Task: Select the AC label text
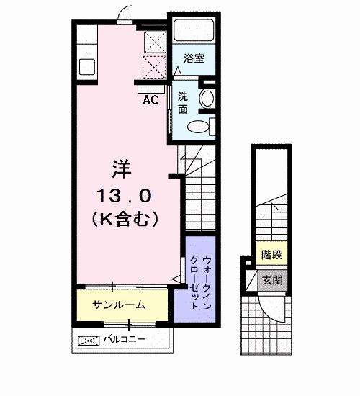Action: [x=150, y=100]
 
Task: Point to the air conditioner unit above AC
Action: [x=150, y=88]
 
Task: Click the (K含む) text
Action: [x=125, y=217]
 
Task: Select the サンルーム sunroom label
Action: [x=120, y=305]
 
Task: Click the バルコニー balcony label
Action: [x=124, y=338]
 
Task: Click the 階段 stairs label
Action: [x=271, y=254]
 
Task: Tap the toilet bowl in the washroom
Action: [x=198, y=127]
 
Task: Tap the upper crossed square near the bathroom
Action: [x=153, y=42]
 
